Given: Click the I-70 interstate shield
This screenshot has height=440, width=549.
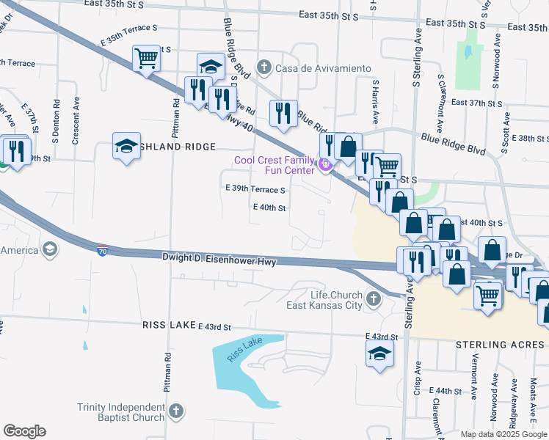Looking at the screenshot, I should tap(103, 251).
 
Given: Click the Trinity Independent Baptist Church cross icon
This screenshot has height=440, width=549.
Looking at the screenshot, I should tap(175, 412).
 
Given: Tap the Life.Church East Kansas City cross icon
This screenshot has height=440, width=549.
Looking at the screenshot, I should tap(374, 299).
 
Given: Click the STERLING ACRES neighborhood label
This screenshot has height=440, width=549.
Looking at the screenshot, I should tap(501, 344).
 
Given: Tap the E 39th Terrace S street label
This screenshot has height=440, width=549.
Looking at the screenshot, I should tap(255, 189).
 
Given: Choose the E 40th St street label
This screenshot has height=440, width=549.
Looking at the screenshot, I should tap(269, 208).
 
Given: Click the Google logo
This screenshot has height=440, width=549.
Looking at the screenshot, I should tap(24, 431).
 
